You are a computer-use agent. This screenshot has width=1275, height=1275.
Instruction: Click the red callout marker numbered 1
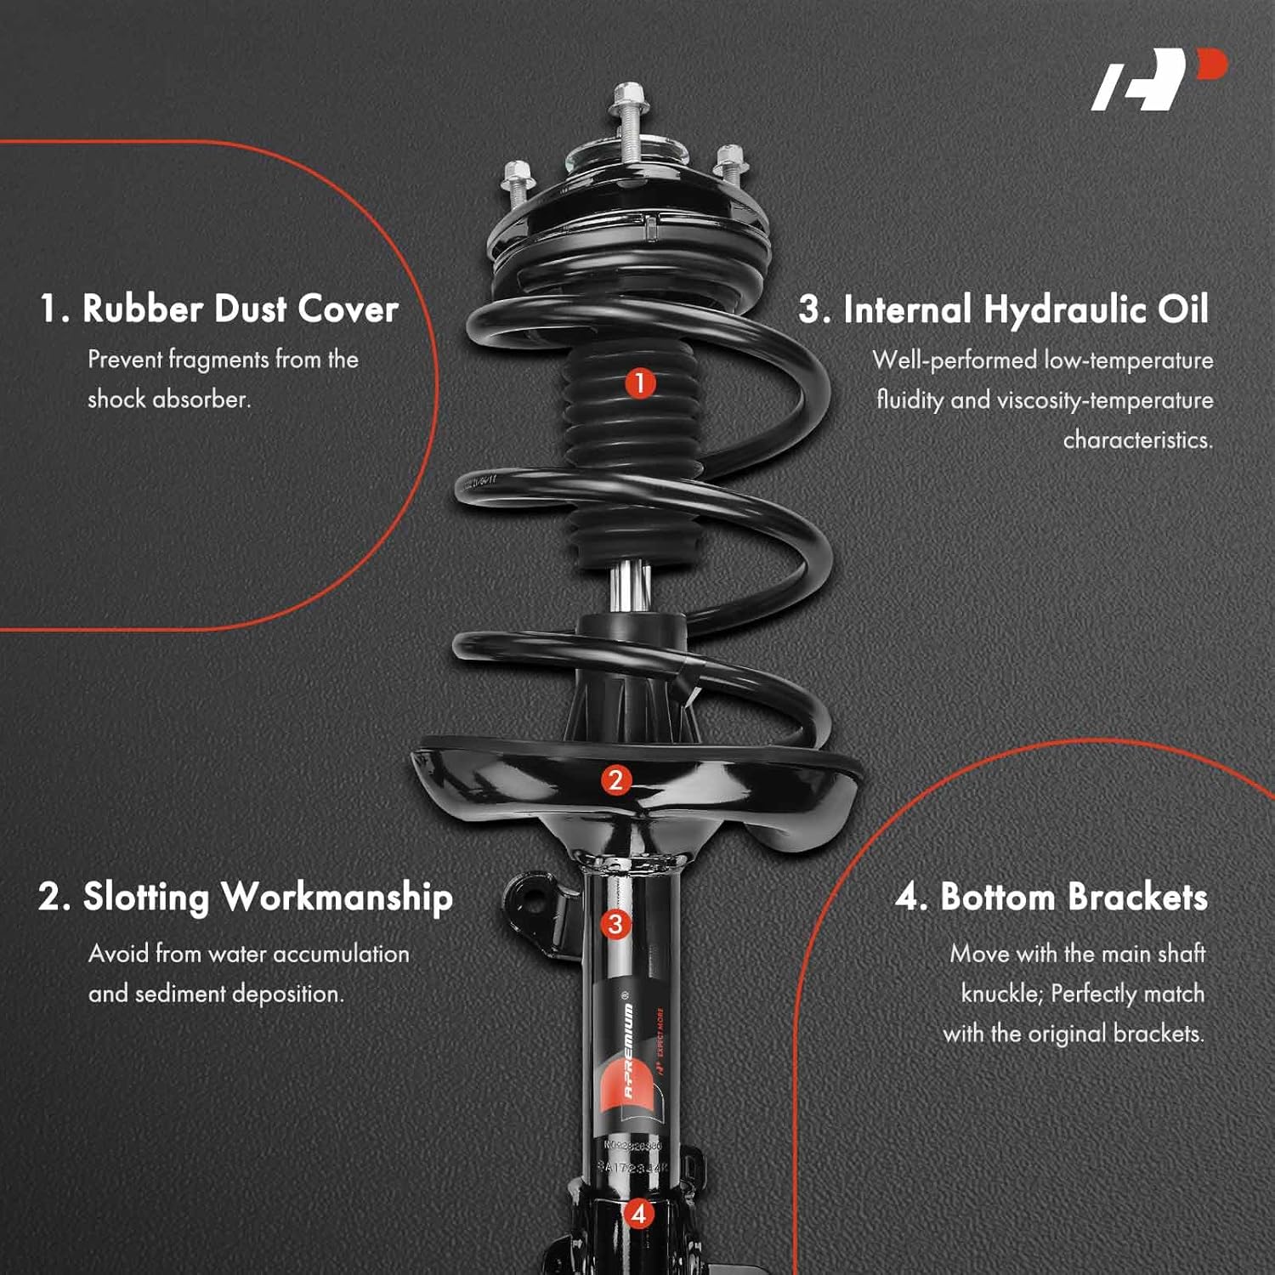tap(640, 382)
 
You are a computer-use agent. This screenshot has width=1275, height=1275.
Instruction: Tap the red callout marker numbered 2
tap(615, 780)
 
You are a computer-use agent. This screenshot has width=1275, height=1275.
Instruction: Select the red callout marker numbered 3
tap(615, 924)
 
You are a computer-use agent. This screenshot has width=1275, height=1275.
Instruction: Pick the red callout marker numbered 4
tap(638, 1213)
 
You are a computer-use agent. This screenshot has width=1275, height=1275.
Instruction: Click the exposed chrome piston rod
tap(630, 587)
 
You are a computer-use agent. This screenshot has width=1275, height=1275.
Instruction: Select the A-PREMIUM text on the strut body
tap(629, 1051)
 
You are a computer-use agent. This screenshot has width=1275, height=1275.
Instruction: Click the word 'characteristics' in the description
tap(1137, 440)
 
